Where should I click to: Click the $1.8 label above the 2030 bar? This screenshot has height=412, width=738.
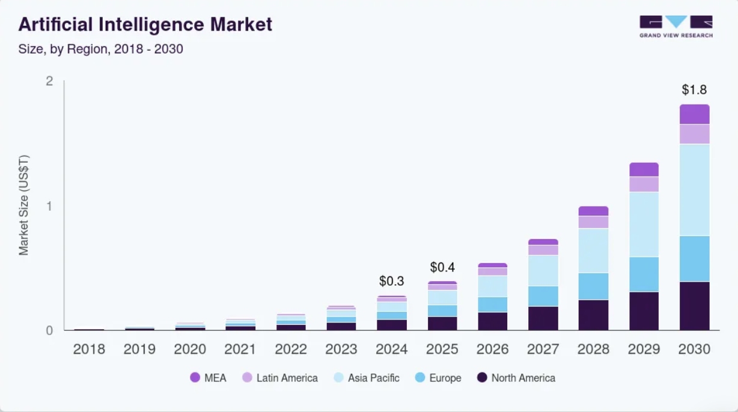694,90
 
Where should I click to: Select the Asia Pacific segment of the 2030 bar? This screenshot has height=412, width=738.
694,190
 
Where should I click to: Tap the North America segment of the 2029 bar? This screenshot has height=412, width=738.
644,311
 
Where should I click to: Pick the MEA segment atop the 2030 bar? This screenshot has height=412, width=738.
694,114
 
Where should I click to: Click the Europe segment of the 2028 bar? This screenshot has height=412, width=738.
593,286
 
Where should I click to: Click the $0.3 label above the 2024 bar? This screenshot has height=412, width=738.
391,281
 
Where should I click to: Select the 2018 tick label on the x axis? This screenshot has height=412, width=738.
89,349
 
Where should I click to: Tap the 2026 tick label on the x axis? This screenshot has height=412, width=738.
493,349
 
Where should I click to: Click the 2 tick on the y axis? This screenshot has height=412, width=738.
49,81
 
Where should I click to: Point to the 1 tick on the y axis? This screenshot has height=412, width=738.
49,206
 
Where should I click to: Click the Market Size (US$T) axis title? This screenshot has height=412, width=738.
24,205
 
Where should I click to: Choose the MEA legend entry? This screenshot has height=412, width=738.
208,378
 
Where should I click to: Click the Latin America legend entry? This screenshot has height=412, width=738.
280,378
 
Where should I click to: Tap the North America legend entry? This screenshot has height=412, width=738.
516,378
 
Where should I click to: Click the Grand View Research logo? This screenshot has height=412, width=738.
675,26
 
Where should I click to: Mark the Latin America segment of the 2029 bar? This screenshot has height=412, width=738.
644,184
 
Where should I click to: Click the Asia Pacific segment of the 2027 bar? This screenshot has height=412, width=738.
543,270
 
